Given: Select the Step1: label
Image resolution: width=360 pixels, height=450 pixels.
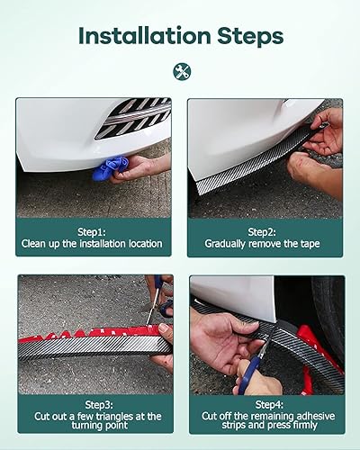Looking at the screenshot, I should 94,230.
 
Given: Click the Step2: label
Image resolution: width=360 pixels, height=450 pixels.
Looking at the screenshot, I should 265,230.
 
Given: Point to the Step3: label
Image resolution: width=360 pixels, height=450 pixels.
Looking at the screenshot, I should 94,405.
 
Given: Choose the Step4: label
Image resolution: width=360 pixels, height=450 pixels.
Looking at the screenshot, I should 265,405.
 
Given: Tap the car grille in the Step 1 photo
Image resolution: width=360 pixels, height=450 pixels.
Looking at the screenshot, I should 133,117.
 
